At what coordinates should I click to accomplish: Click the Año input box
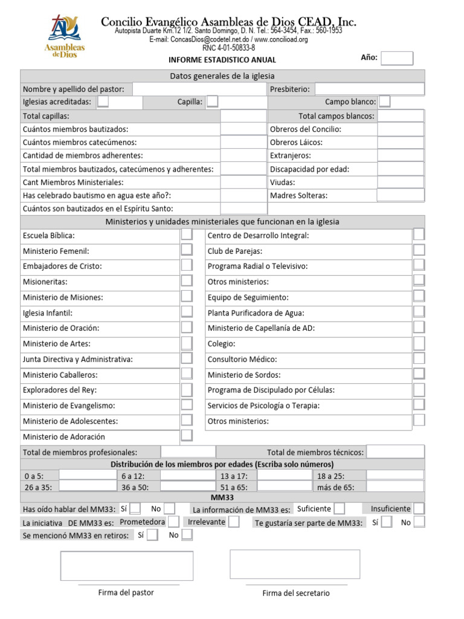[x=398, y=58]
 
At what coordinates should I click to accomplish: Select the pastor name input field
[x=199, y=89]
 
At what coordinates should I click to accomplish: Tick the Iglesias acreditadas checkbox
[x=103, y=102]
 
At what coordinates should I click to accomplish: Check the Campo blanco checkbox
[x=384, y=102]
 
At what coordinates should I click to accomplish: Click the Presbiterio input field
[x=369, y=89]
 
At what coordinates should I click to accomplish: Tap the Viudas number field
[x=401, y=182]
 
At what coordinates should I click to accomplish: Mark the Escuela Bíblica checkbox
[x=187, y=235]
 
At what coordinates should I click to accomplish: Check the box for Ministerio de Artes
[x=187, y=343]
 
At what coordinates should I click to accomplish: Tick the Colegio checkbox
[x=419, y=343]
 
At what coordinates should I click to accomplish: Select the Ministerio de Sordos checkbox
[x=419, y=374]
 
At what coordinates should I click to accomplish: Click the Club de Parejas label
[x=235, y=251]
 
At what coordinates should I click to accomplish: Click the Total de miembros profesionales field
[x=187, y=452]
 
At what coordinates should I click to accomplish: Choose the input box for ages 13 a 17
[x=285, y=476]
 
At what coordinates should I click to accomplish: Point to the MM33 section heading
[x=222, y=497]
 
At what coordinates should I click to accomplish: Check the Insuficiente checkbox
[x=419, y=508]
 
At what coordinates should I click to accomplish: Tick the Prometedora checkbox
[x=173, y=521]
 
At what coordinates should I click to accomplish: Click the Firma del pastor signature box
[x=126, y=565]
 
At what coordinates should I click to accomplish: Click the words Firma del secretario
[x=296, y=593]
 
